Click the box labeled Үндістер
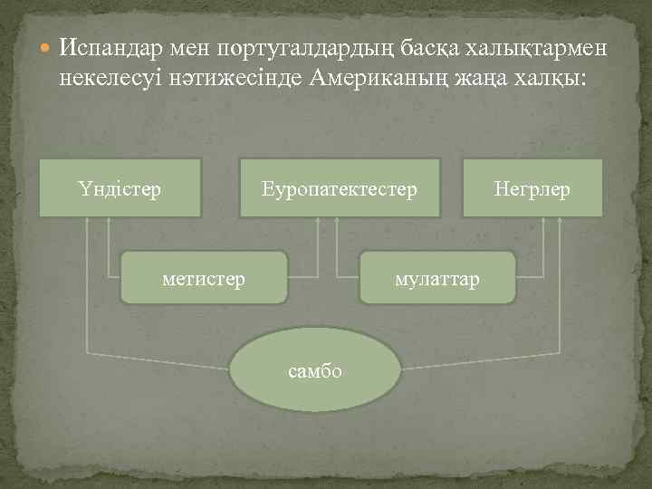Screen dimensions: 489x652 [120, 188]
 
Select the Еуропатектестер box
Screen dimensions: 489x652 [340, 188]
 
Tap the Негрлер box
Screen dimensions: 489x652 [532, 188]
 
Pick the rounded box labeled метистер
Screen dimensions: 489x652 [204, 278]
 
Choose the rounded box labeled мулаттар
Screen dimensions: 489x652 [437, 278]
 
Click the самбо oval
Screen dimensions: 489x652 [314, 370]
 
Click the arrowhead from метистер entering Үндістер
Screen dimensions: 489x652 [109, 223]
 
